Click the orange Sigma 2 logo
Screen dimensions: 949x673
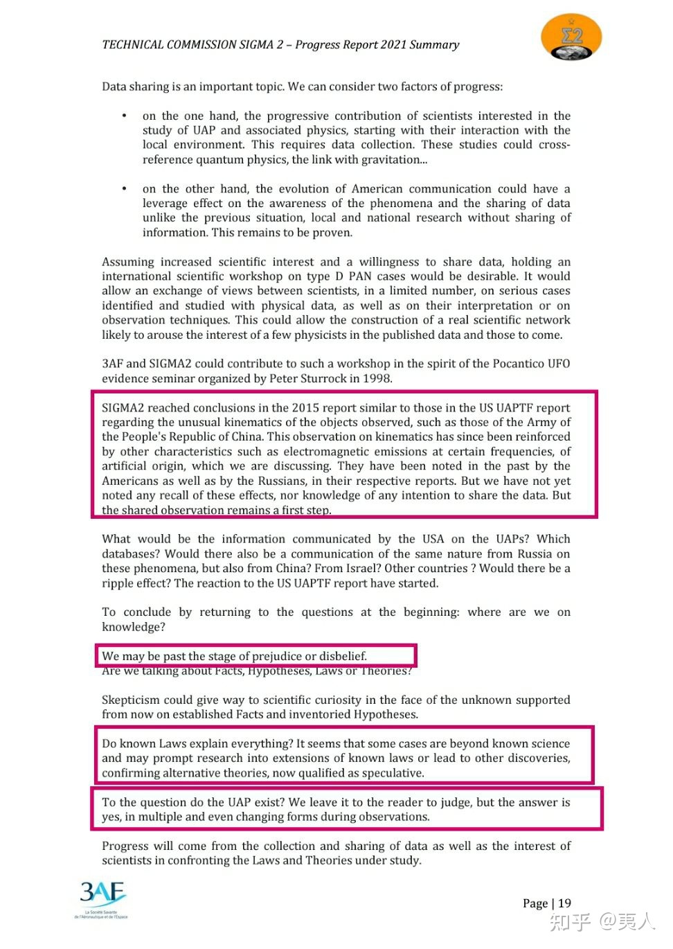coord(571,37)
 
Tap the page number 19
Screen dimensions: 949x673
coord(564,903)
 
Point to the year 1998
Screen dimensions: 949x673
coord(377,379)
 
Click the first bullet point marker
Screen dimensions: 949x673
coord(124,116)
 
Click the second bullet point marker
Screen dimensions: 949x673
coord(124,188)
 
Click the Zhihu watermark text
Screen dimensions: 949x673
coord(601,921)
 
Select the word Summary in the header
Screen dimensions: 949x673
coord(434,45)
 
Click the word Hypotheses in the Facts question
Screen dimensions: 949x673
coord(277,671)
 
